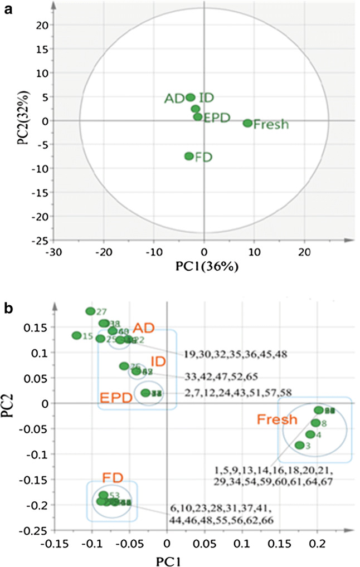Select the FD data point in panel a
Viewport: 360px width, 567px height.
point(189,157)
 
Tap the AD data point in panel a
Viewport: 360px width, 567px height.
point(191,97)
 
